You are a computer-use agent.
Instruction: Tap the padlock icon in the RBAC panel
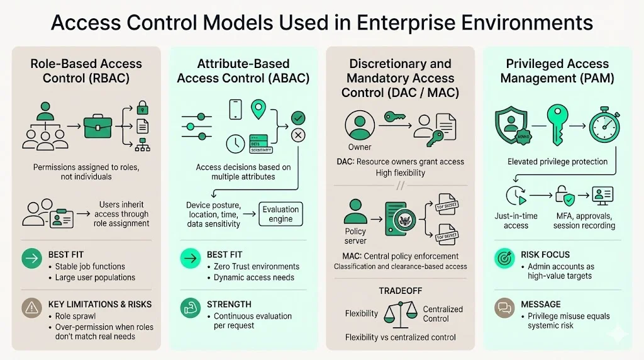[x=143, y=106]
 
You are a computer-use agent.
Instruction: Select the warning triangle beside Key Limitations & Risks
[x=31, y=309]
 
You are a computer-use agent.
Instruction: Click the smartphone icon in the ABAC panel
[x=235, y=108]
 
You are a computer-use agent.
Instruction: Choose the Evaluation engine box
[x=280, y=214]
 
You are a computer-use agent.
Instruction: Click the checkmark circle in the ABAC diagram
[x=297, y=117]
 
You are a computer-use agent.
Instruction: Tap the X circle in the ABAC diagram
[x=298, y=135]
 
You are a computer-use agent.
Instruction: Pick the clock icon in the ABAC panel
[x=235, y=143]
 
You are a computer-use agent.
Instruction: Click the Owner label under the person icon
[x=360, y=147]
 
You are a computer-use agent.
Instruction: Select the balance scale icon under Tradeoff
[x=400, y=313]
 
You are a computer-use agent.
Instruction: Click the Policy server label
[x=355, y=236]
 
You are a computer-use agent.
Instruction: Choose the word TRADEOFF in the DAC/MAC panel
[x=399, y=291]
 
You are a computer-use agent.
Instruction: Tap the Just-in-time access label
[x=516, y=220]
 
